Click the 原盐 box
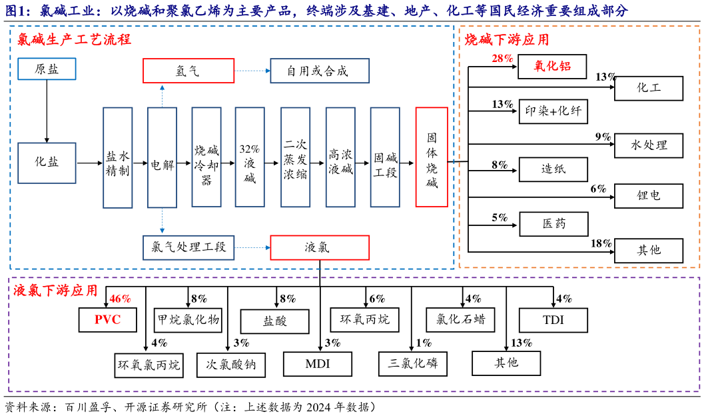[47, 69]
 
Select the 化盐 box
[47, 162]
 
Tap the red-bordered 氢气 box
[188, 71]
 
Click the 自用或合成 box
[319, 71]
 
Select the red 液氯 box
[319, 247]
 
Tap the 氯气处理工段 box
[188, 247]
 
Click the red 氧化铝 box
[553, 67]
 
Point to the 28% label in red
[502, 59]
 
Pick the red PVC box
[107, 320]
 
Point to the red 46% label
[120, 299]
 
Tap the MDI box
[318, 364]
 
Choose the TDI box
[553, 320]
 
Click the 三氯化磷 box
[413, 364]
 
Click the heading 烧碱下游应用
[507, 40]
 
